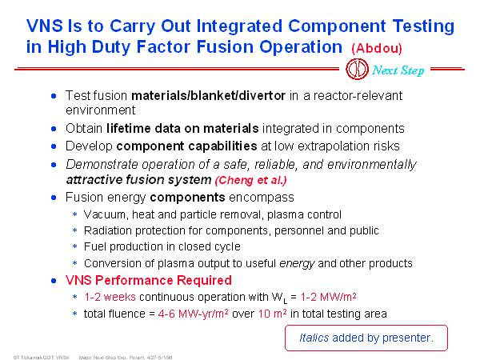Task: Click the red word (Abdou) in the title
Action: pyautogui.click(x=377, y=48)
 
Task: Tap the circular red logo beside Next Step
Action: pyautogui.click(x=357, y=69)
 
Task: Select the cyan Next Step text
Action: pyautogui.click(x=398, y=70)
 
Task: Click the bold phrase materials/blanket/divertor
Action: pyautogui.click(x=208, y=96)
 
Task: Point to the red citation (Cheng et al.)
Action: pyautogui.click(x=251, y=180)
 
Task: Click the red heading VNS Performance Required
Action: pyautogui.click(x=149, y=280)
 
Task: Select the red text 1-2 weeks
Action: pyautogui.click(x=110, y=297)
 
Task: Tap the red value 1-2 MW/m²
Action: pyautogui.click(x=328, y=297)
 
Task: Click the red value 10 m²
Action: pyautogui.click(x=273, y=314)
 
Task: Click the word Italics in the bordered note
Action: pyautogui.click(x=314, y=338)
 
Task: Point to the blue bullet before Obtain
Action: pyautogui.click(x=54, y=129)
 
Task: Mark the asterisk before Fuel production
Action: pyautogui.click(x=74, y=246)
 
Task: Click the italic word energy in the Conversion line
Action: pyautogui.click(x=297, y=263)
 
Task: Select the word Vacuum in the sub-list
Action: pyautogui.click(x=104, y=214)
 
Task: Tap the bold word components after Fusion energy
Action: pyautogui.click(x=187, y=198)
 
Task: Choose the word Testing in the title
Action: pyautogui.click(x=423, y=26)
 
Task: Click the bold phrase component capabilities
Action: pyautogui.click(x=186, y=146)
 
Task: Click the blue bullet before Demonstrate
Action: pyautogui.click(x=54, y=165)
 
